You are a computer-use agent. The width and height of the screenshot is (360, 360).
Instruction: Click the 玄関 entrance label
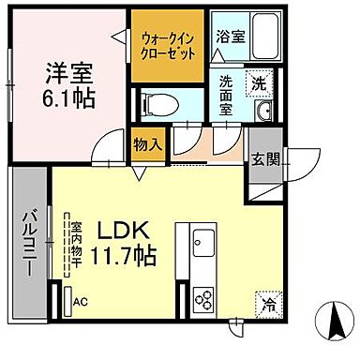pyautogui.click(x=262, y=158)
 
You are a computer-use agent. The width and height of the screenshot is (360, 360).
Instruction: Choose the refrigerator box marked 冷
pyautogui.click(x=267, y=303)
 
